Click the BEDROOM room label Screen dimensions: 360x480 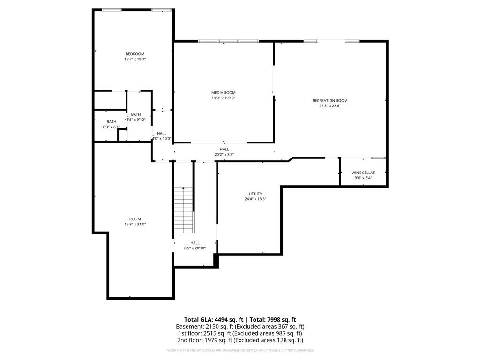point(135,54)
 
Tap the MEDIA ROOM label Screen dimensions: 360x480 point(223,93)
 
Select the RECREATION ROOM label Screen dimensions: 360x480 point(330,100)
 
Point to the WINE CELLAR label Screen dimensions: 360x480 point(363,172)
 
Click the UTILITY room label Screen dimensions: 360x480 point(255,194)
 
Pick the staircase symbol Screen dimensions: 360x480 point(184,210)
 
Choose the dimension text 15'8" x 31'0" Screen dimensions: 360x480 point(135,225)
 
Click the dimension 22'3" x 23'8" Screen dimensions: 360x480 point(330,106)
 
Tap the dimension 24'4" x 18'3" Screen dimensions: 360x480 point(255,199)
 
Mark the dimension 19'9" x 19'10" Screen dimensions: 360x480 point(223,98)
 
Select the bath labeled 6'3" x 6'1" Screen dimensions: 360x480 point(112,127)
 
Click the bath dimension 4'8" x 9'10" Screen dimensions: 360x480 point(136,120)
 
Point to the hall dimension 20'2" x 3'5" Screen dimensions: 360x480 point(224,155)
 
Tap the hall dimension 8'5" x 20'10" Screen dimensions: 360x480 point(195,248)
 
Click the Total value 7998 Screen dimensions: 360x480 point(275,319)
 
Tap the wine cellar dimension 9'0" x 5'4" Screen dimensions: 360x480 point(363,178)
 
